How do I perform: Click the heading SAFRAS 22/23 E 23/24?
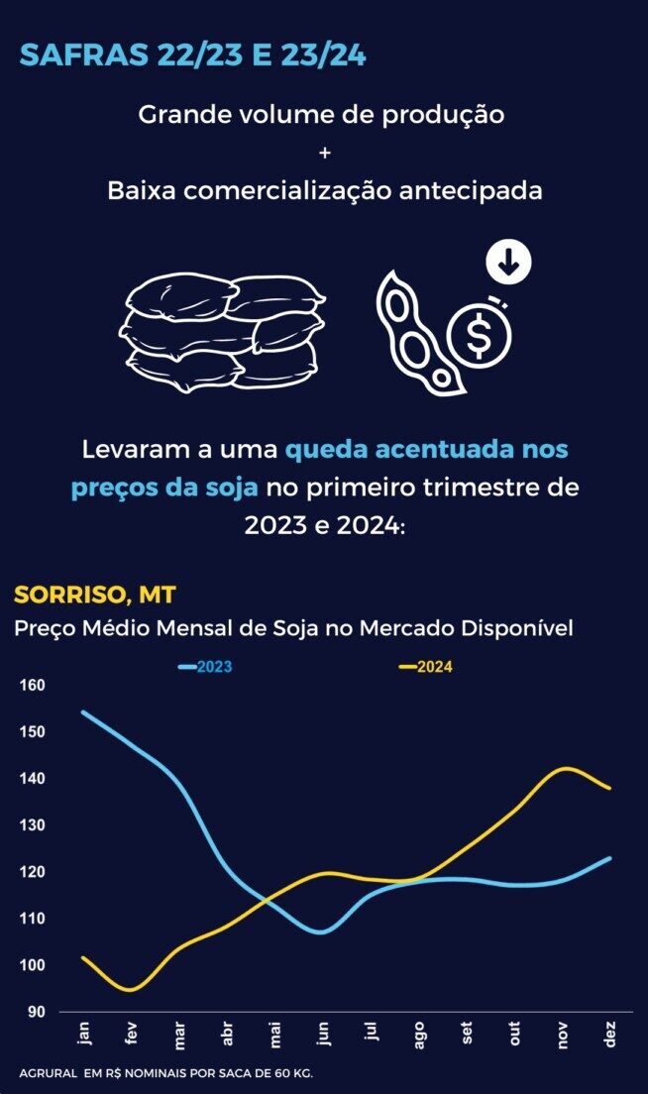tap(193, 55)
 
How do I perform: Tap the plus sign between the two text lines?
tap(324, 153)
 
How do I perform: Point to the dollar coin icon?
tap(479, 335)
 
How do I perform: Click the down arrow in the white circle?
tap(509, 263)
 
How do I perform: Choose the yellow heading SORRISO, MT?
tap(95, 595)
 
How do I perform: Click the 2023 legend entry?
tap(206, 667)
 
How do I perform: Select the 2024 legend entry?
tap(426, 667)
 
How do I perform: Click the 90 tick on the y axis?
tap(36, 1012)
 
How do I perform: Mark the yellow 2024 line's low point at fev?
tap(132, 989)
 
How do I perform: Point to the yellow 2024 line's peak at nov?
tap(565, 768)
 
